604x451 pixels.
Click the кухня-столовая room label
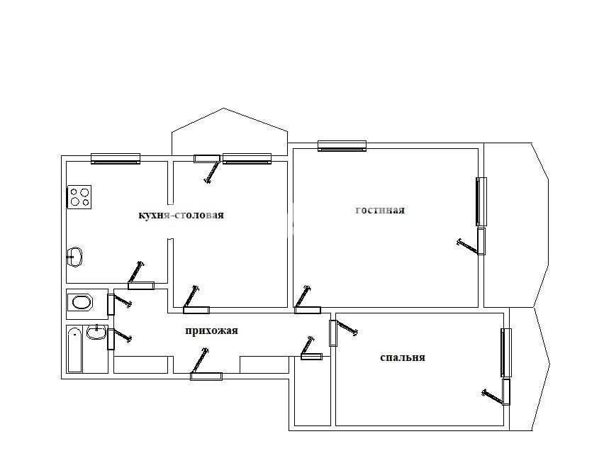tap(181, 215)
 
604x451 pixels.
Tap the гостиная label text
tap(380, 210)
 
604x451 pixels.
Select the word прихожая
tap(211, 330)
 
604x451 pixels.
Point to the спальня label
tap(403, 357)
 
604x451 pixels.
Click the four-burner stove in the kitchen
tap(79, 197)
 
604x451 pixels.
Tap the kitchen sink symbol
tap(74, 257)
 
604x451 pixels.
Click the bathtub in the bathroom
tap(74, 350)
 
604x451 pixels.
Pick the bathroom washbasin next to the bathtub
tap(96, 331)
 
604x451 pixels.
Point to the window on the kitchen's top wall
tap(116, 158)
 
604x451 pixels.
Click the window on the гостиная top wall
tap(342, 145)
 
